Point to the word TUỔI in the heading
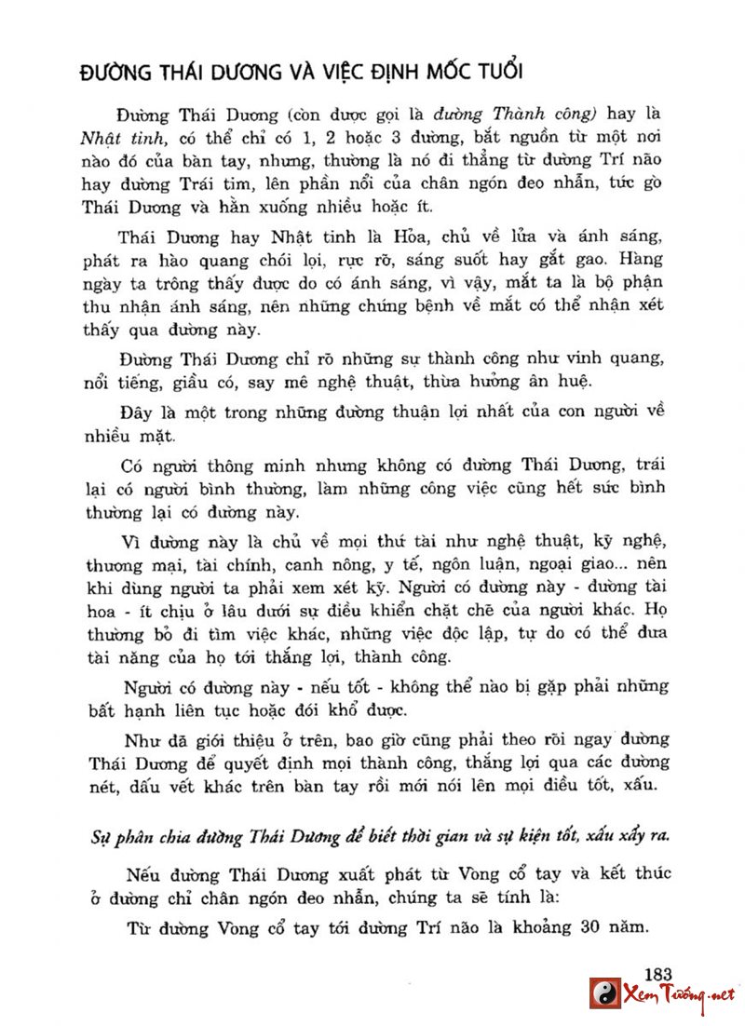click(x=494, y=72)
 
